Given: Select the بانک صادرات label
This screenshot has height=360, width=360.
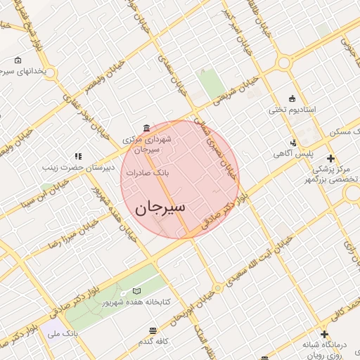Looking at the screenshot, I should point(146,172).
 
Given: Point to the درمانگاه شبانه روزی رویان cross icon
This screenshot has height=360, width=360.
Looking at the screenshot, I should point(324,334).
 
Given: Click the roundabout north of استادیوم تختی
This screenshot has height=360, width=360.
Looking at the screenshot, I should point(285,63).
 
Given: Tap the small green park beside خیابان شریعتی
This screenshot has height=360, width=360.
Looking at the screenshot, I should point(210,84).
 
